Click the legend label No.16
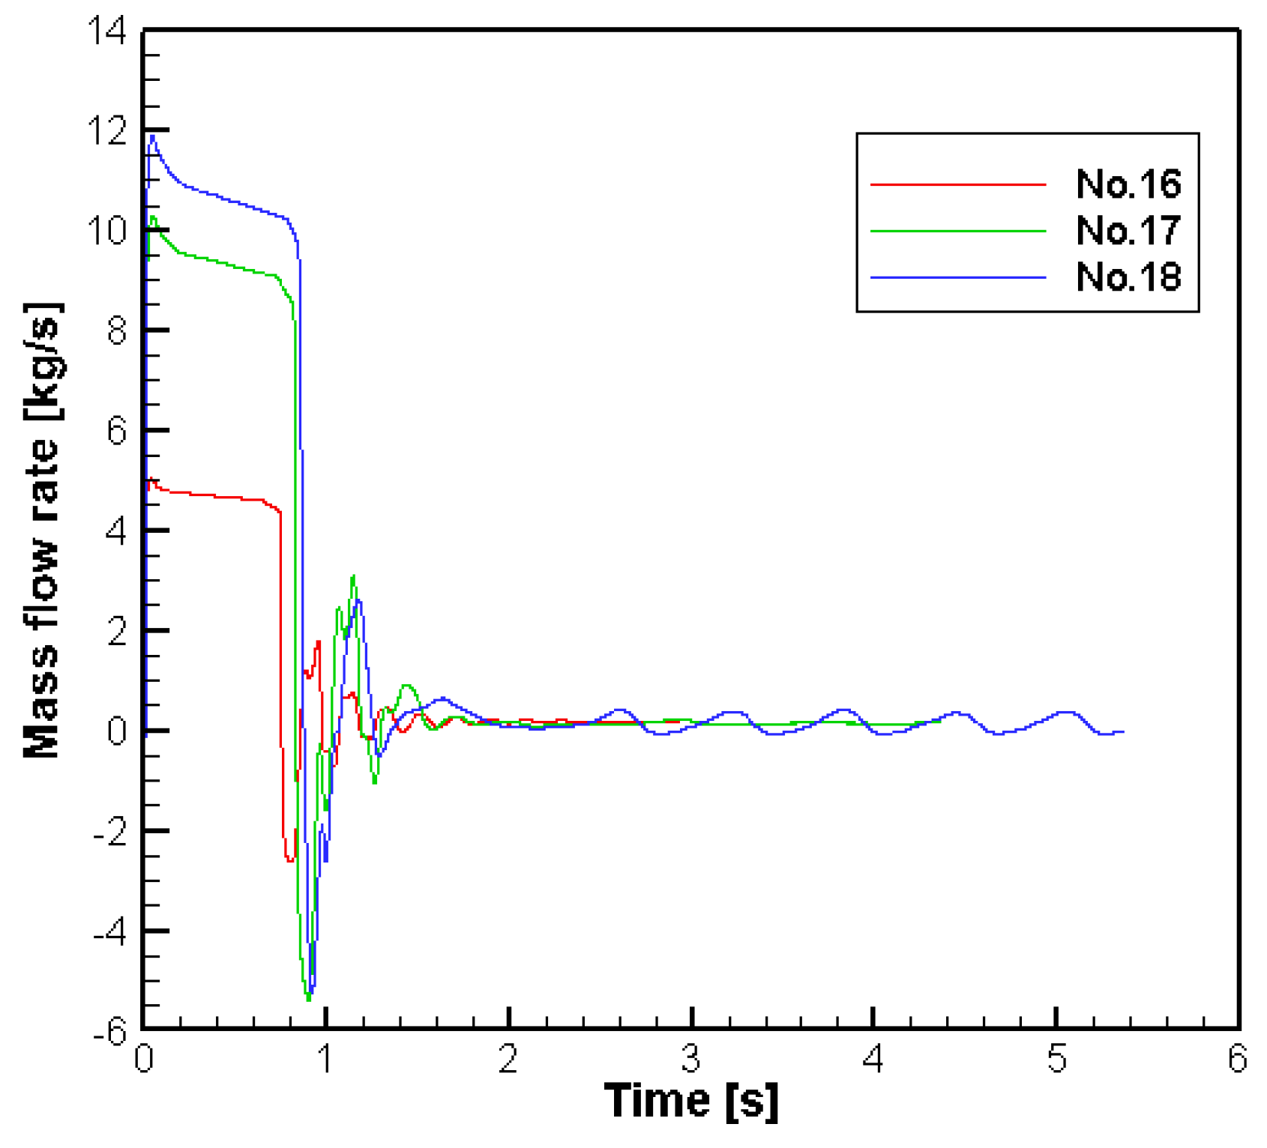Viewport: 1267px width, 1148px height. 1128,184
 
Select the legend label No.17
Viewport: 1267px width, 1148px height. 1128,231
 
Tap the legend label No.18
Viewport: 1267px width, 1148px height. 1128,277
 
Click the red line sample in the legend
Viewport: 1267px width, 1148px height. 957,184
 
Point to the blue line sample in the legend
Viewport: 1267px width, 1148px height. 957,278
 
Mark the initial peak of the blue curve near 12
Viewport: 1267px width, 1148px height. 153,136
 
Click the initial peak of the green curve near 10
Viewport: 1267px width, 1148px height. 153,217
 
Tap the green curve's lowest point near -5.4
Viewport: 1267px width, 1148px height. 308,999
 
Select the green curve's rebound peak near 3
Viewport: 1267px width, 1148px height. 353,576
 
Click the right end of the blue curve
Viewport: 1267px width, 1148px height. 1122,731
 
